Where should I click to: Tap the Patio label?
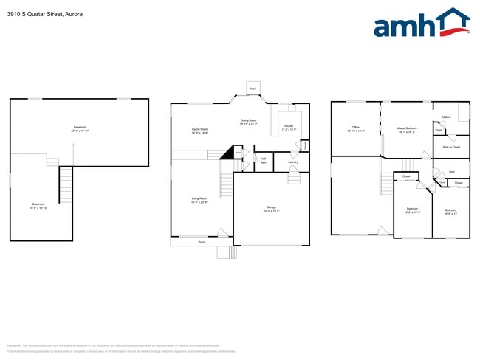pos(253,88)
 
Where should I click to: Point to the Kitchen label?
pos(289,128)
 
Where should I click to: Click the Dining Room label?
pos(248,122)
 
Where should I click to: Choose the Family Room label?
pos(200,131)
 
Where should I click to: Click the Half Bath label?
pos(263,160)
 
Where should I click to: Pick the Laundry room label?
pos(292,161)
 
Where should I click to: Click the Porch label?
pos(201,241)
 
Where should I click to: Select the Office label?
pos(355,128)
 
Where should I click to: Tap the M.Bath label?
pos(446,117)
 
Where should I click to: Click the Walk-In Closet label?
pos(451,147)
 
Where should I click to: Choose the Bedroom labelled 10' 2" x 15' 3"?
pos(412,210)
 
